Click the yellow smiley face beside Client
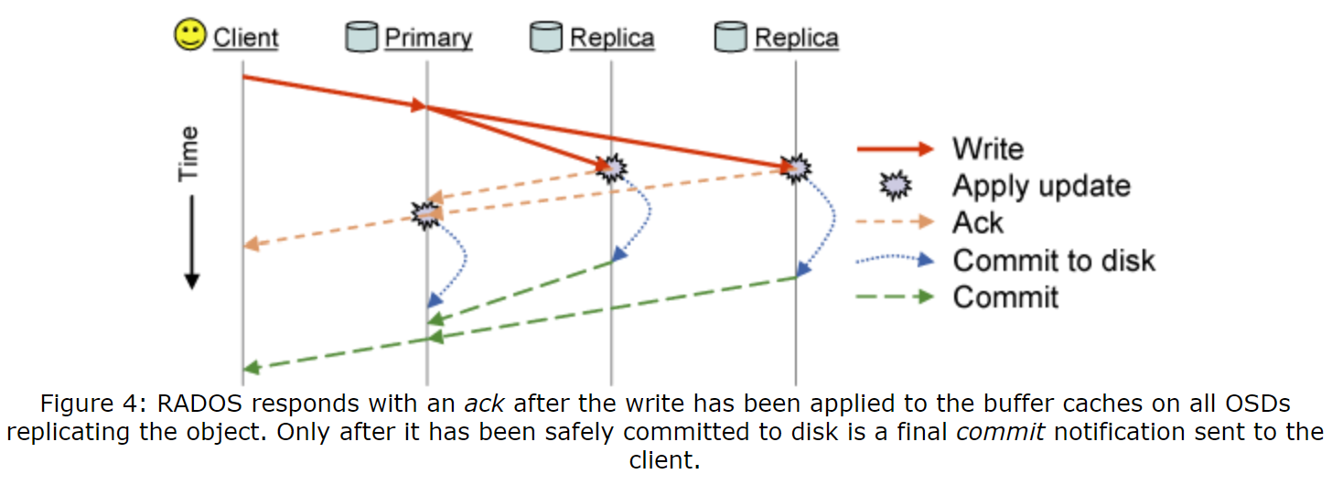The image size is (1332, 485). click(x=189, y=37)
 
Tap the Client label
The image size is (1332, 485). click(x=245, y=38)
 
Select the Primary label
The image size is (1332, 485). click(x=428, y=38)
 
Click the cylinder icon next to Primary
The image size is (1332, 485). click(x=361, y=38)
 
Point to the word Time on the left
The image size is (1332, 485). click(x=188, y=153)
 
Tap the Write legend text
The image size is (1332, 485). click(x=987, y=148)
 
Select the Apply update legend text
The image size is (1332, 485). click(x=1041, y=186)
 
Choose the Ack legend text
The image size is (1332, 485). click(x=978, y=222)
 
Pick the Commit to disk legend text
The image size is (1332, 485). click(x=1054, y=260)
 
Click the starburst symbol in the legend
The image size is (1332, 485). click(x=896, y=186)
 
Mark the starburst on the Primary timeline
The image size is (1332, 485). click(x=425, y=215)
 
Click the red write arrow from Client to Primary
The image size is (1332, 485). click(x=334, y=92)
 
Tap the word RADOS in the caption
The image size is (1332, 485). click(x=194, y=404)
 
